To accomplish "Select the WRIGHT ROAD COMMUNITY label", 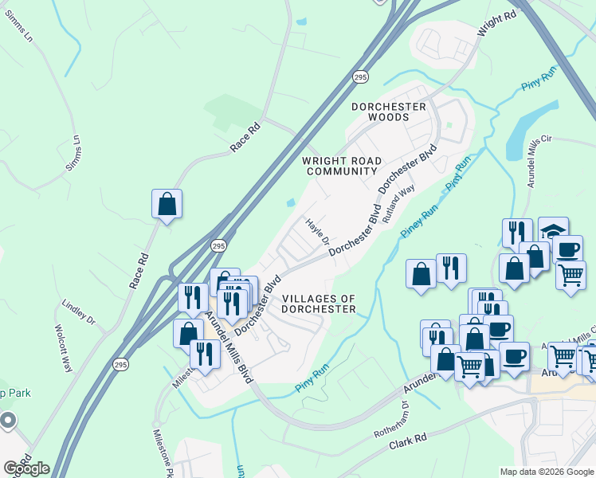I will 341,166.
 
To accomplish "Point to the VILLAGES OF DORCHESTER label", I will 319,304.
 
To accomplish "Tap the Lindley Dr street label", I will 78,312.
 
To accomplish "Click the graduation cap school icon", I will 553,229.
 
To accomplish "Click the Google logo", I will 26,468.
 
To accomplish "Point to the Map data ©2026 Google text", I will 546,472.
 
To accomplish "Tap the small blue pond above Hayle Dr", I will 291,201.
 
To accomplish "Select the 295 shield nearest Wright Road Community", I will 360,76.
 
